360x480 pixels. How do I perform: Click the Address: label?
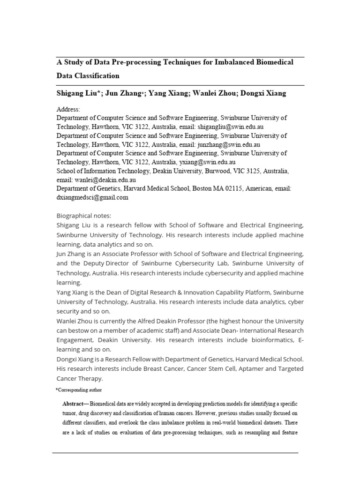tap(68, 109)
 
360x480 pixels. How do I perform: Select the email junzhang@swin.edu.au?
tap(229, 145)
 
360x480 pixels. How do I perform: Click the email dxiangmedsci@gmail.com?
tap(92, 197)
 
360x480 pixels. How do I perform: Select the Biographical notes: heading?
tap(84, 216)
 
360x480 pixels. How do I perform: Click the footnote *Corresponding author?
tap(78, 390)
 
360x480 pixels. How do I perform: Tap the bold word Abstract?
tap(74, 404)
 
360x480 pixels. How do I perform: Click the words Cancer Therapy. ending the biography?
tap(79, 379)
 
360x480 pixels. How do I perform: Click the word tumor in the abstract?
tap(70, 414)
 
